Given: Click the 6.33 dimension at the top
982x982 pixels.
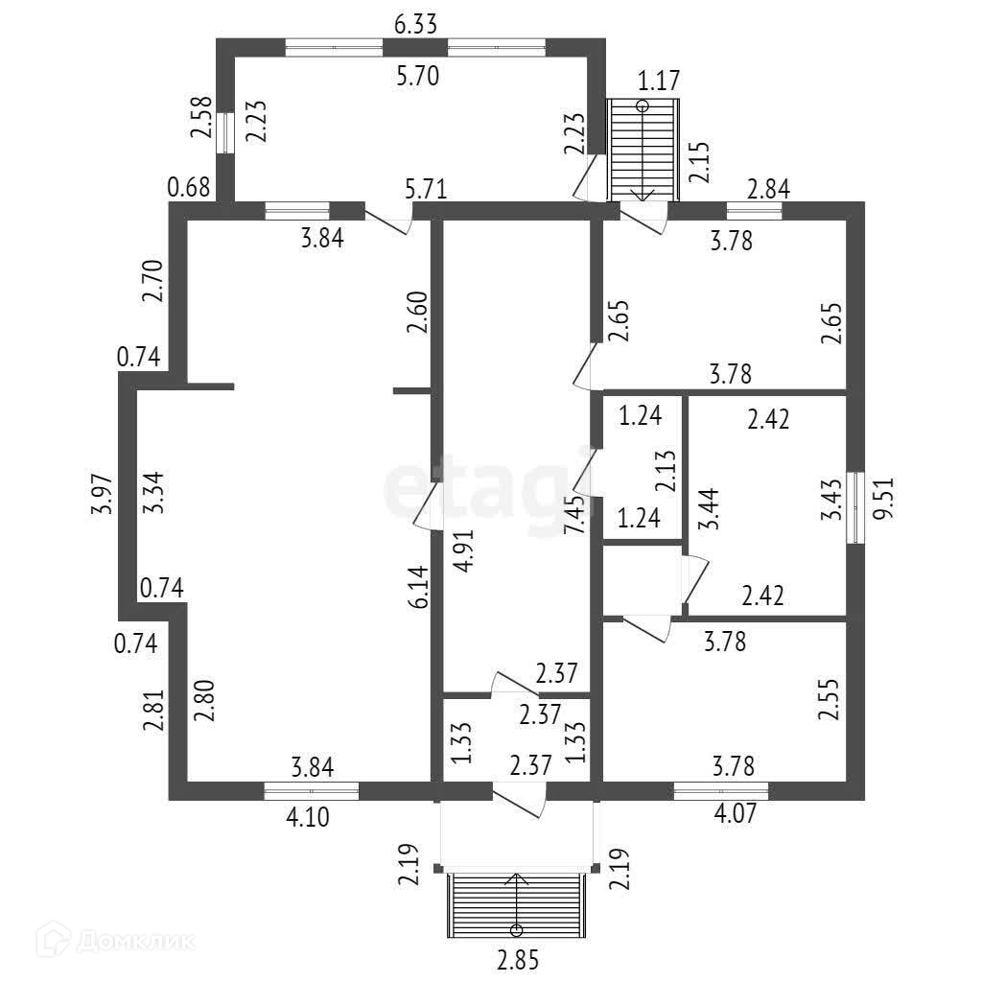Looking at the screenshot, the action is [416, 24].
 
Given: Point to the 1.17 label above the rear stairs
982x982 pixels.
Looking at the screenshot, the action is [659, 81].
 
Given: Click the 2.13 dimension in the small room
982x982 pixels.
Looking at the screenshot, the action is [667, 470].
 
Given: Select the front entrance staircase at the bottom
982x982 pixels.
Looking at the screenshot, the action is [517, 903].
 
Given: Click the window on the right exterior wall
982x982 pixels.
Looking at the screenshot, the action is [856, 508].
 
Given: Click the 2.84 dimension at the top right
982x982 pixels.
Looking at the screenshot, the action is [768, 189].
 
